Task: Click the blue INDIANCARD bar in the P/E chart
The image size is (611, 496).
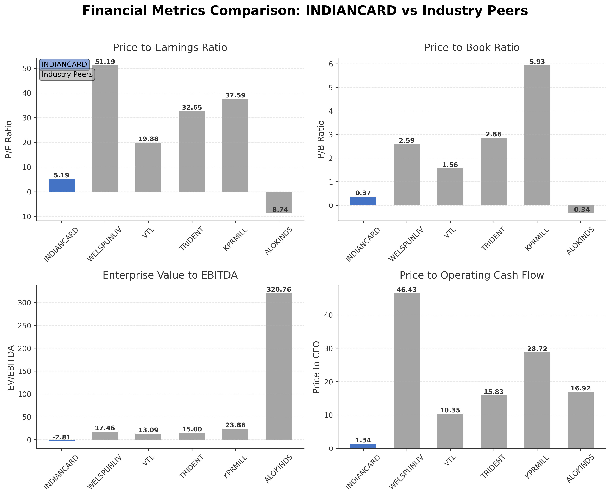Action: (x=62, y=185)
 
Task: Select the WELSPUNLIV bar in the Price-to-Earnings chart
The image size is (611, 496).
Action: (x=105, y=128)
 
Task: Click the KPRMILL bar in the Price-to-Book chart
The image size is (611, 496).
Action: (x=537, y=135)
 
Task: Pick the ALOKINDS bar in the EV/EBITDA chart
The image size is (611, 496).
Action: (x=279, y=366)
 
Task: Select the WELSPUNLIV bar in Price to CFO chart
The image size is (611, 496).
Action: (x=407, y=371)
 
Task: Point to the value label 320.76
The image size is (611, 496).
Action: (x=279, y=289)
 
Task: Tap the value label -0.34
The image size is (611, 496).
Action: (x=580, y=210)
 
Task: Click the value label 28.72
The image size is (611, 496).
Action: (x=537, y=349)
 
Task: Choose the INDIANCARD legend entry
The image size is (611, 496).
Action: (x=64, y=64)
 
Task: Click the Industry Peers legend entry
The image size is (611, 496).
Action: (x=67, y=75)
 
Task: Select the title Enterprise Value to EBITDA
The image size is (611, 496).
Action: (x=170, y=275)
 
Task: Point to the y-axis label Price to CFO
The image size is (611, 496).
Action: (x=316, y=367)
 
